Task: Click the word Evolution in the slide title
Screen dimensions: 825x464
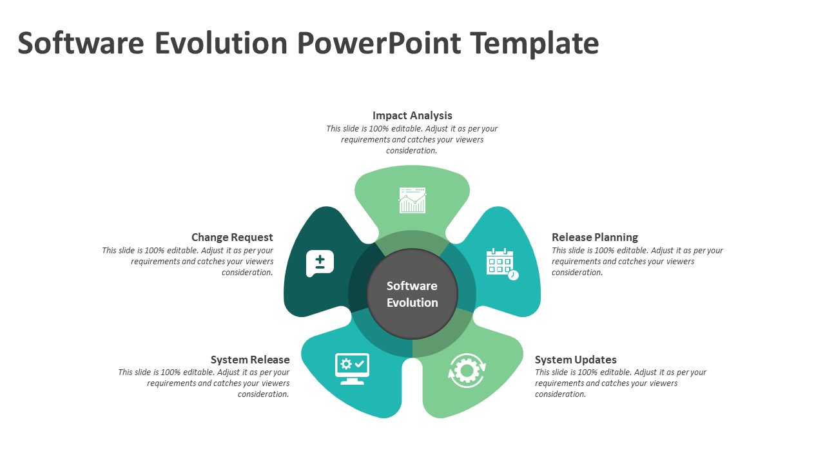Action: tap(221, 43)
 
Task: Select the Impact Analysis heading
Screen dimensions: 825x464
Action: tap(412, 115)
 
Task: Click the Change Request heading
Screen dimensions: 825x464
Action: tap(232, 237)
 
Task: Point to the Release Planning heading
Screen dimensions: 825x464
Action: tap(595, 237)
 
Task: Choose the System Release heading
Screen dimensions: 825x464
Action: tap(250, 360)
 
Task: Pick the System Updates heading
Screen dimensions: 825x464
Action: tap(576, 360)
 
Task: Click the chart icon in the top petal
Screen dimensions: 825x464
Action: tap(412, 200)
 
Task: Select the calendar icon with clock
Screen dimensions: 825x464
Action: tap(502, 264)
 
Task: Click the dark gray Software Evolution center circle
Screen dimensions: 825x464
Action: tap(412, 294)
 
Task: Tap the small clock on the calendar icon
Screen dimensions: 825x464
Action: tap(513, 275)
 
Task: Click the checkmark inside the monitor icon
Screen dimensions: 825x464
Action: tap(360, 364)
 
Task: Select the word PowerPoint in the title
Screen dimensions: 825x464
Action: tap(379, 43)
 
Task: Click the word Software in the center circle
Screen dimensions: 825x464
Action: tap(412, 285)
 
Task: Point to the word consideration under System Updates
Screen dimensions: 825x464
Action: tap(560, 394)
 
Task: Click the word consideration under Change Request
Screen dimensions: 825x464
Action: tap(247, 273)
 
